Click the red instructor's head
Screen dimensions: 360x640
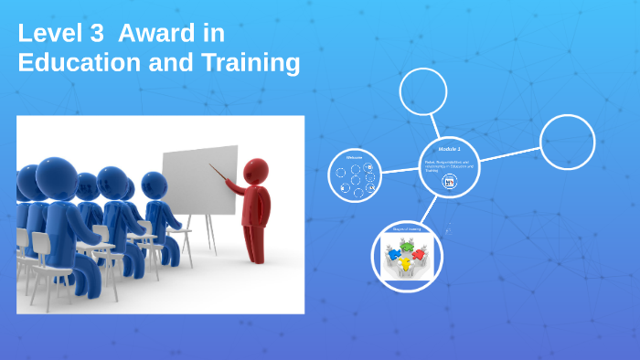(x=256, y=171)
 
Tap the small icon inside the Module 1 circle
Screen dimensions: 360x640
(x=449, y=182)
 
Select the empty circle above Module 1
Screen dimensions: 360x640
(x=423, y=91)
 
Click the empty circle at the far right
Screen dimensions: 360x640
(x=567, y=143)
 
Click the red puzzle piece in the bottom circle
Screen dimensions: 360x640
(x=418, y=254)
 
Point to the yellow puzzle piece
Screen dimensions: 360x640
(x=405, y=265)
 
